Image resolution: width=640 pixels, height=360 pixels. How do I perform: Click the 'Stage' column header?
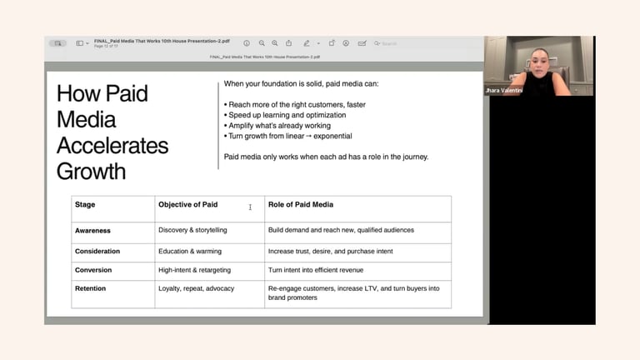tap(85, 204)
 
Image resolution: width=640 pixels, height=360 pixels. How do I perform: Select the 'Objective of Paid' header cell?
tap(187, 204)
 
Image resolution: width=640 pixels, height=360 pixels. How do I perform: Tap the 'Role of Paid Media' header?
tap(301, 204)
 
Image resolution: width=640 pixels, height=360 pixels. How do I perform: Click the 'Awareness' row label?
tap(92, 230)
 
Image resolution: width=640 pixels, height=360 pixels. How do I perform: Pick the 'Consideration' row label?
tap(97, 251)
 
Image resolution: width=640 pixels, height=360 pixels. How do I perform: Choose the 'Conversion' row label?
tap(93, 270)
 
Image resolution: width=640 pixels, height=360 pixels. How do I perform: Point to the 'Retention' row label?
tap(91, 288)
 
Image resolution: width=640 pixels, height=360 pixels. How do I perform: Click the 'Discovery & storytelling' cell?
tap(192, 230)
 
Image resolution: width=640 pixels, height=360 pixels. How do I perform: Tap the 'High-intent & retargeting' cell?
tap(194, 270)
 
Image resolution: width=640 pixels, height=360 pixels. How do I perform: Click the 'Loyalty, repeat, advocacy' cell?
tap(196, 288)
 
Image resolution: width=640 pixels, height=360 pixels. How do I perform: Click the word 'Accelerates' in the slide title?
tap(112, 146)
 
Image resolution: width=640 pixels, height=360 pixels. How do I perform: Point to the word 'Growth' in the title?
tap(91, 172)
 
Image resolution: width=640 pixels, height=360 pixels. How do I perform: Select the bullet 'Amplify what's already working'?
tap(279, 126)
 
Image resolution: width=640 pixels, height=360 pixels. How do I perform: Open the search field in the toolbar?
tap(400, 43)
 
